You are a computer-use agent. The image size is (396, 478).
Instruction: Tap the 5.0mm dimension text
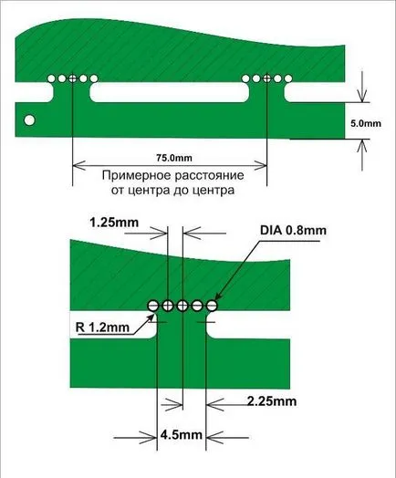[366, 124]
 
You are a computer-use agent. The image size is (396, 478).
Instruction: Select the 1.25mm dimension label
[114, 223]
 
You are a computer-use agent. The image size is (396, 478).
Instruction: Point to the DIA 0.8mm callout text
[293, 230]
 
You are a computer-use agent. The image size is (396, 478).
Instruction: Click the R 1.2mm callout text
[102, 327]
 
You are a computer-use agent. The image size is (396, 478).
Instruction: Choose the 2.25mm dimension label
[272, 401]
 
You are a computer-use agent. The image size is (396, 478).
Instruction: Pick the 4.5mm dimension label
[181, 434]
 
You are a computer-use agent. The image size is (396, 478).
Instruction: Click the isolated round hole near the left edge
[29, 120]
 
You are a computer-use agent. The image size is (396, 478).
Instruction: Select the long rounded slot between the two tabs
[169, 93]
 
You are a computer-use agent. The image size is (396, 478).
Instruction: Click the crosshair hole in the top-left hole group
[73, 78]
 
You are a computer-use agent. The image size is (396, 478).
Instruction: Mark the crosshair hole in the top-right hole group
[266, 78]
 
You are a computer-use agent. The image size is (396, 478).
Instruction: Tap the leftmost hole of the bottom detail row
[153, 305]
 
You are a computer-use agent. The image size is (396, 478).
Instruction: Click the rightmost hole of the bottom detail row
[212, 305]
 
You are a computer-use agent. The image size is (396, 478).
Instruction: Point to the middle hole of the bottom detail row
[182, 305]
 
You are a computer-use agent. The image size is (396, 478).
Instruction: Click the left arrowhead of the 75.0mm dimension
[78, 166]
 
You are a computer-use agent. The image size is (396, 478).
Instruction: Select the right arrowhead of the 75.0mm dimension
[261, 166]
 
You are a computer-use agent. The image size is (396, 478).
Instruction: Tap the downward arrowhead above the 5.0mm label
[362, 97]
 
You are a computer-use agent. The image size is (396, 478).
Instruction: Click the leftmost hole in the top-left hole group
[51, 78]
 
